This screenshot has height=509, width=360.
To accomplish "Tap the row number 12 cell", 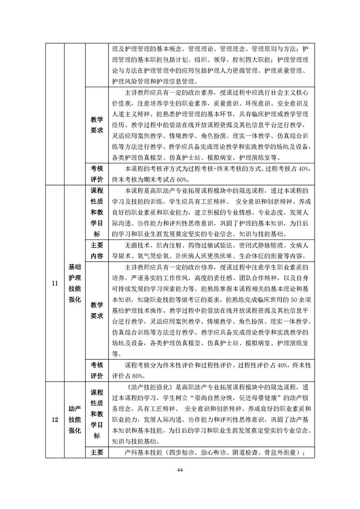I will tap(55, 420).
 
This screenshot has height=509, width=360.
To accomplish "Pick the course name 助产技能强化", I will tap(74, 420).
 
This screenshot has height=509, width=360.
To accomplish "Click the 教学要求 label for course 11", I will tap(96, 310).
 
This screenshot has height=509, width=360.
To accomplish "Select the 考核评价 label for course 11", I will tap(96, 370).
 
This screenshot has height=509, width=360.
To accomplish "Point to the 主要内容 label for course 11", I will tap(96, 250).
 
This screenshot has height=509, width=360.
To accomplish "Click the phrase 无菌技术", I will tap(135, 245).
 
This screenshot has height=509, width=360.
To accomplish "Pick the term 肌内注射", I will tap(169, 245).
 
